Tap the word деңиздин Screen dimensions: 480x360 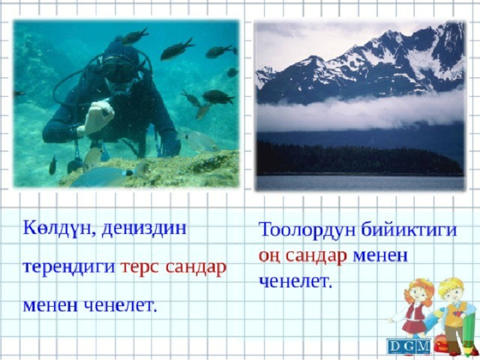coord(144,229)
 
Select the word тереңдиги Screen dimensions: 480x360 coord(69,268)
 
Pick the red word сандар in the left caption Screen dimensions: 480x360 coord(196,268)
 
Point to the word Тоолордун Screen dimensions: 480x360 coord(307,230)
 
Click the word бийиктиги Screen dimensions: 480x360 coord(409,230)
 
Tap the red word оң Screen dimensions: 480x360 coord(269,256)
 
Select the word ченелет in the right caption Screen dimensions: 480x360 coord(295,281)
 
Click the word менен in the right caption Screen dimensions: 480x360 coord(380,256)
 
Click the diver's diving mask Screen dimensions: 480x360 coord(117,70)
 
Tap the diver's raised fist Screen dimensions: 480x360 coord(98,117)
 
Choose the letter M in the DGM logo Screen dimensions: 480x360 coord(423,346)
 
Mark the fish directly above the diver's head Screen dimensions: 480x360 coord(133,37)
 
